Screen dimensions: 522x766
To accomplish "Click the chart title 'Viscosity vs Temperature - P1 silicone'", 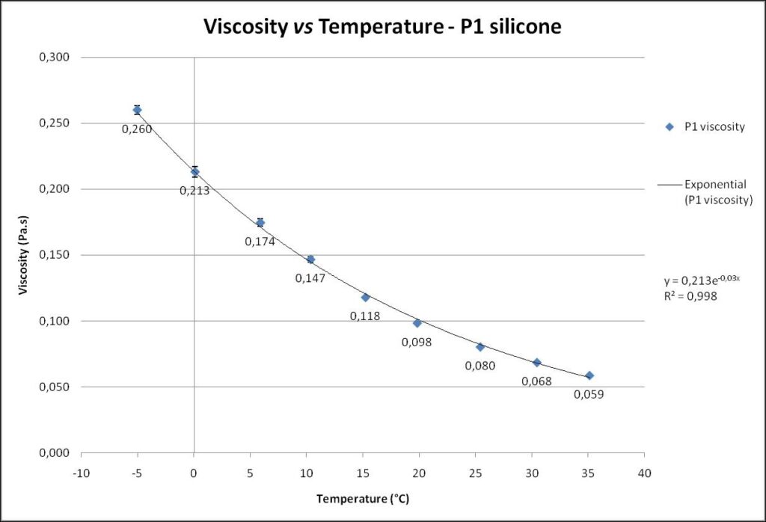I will point(382,28).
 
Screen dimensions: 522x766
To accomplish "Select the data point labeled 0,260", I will point(137,110).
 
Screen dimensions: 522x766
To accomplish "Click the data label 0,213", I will point(194,191).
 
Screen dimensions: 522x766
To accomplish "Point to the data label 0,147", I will point(310,278).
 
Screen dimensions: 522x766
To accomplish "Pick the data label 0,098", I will point(417,342).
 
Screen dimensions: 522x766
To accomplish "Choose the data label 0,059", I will point(589,394).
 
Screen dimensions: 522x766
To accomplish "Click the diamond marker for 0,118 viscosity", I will point(366,297).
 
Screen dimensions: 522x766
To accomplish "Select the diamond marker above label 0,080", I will point(480,347).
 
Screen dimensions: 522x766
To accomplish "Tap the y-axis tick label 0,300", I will point(54,58).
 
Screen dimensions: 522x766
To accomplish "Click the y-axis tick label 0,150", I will point(54,255).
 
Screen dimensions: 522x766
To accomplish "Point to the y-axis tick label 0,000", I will point(54,453).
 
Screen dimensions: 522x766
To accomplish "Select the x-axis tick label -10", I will point(81,473).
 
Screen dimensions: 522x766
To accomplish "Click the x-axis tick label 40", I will point(644,473).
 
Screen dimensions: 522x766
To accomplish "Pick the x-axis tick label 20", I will point(419,473).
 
